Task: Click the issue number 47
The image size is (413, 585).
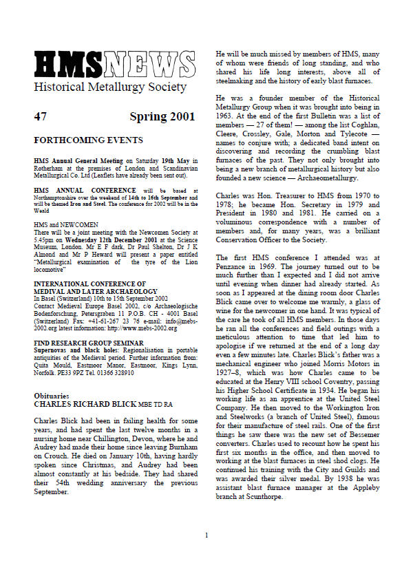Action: pyautogui.click(x=40, y=117)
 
